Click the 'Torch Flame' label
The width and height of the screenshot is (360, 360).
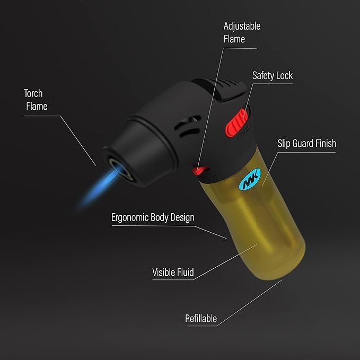tap(36, 100)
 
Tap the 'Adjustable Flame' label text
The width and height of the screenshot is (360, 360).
tap(242, 32)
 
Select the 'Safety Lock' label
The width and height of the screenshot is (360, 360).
tap(273, 75)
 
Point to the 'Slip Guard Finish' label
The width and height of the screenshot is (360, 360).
tap(307, 143)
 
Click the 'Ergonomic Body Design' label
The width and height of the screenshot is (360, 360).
tap(153, 217)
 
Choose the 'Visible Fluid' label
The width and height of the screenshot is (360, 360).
tap(173, 273)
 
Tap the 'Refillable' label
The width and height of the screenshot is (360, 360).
tap(201, 319)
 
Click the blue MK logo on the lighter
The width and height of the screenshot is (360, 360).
tap(250, 179)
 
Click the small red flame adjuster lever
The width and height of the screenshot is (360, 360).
tap(200, 170)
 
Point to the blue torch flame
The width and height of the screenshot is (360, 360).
tap(101, 187)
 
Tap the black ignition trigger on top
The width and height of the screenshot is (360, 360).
tap(221, 89)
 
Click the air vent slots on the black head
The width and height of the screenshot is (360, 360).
tap(187, 127)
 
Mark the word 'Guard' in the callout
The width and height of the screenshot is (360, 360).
tap(302, 143)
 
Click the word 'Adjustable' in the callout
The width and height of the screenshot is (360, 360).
tap(242, 26)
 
